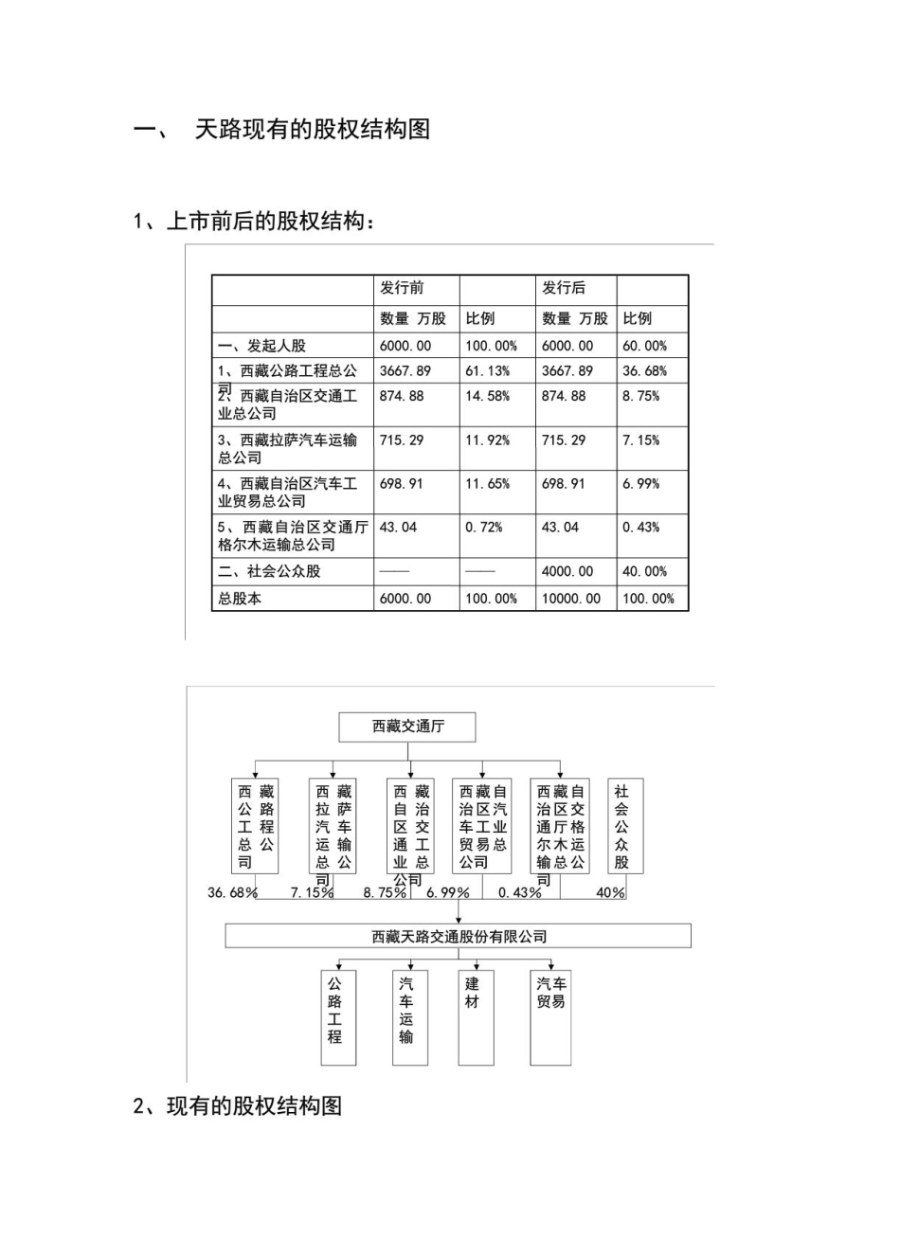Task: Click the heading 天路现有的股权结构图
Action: [312, 129]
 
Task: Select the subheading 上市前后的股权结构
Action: [270, 222]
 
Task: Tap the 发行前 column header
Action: [402, 288]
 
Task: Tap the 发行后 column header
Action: [564, 288]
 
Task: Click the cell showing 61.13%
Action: [487, 371]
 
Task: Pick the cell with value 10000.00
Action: [570, 599]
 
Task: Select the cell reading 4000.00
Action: [567, 571]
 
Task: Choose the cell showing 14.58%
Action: [487, 396]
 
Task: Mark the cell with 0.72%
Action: [483, 528]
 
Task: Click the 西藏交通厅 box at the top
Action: [407, 727]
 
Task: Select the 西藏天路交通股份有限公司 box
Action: [459, 937]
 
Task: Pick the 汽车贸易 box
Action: [550, 1017]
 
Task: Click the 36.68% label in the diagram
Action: [232, 893]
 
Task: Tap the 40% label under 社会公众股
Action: [610, 893]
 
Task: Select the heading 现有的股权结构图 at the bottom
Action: [254, 1105]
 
